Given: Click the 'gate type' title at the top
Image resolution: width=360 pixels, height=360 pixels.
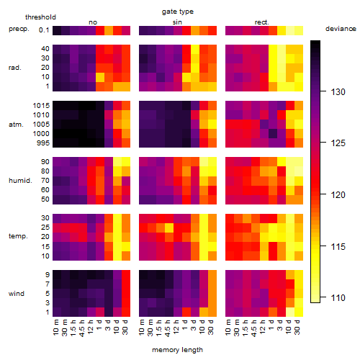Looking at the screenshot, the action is pyautogui.click(x=178, y=12).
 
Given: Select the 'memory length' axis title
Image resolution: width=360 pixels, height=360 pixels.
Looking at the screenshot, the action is pyautogui.click(x=177, y=350).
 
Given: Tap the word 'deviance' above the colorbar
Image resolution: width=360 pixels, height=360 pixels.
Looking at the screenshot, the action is pyautogui.click(x=341, y=29).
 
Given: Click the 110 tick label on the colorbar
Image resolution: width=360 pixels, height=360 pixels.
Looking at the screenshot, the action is pyautogui.click(x=338, y=298).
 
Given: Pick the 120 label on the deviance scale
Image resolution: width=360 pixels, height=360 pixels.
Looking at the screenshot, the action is pyautogui.click(x=338, y=195).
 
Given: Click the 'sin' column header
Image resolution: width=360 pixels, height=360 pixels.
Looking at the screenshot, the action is pyautogui.click(x=177, y=22).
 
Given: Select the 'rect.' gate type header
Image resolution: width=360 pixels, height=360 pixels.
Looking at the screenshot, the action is pyautogui.click(x=262, y=22).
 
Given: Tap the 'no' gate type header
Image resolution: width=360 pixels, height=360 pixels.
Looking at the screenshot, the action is pyautogui.click(x=93, y=22).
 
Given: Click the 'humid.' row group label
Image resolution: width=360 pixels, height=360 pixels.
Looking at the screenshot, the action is pyautogui.click(x=20, y=181).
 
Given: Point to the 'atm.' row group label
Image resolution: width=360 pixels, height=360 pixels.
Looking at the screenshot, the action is pyautogui.click(x=16, y=125).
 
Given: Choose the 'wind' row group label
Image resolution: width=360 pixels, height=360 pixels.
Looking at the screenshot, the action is pyautogui.click(x=17, y=294).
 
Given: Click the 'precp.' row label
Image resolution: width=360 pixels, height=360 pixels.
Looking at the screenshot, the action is pyautogui.click(x=19, y=30).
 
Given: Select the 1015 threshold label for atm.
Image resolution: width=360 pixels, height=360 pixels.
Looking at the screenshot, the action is pyautogui.click(x=41, y=106).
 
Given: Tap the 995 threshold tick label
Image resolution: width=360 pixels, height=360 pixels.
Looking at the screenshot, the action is pyautogui.click(x=43, y=143).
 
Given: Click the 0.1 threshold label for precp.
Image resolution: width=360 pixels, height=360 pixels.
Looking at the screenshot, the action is pyautogui.click(x=44, y=30).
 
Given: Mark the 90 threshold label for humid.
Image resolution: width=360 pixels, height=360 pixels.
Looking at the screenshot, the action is pyautogui.click(x=45, y=162).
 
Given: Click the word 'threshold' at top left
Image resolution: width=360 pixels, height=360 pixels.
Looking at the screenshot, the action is pyautogui.click(x=40, y=17).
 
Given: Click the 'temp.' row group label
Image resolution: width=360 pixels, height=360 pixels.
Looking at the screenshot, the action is pyautogui.click(x=18, y=236).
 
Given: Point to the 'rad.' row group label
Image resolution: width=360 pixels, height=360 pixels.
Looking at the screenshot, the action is pyautogui.click(x=15, y=68).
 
